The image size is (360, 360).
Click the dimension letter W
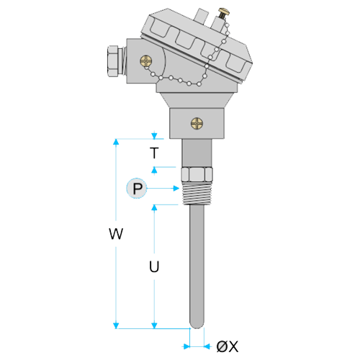116,233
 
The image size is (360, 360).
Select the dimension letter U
154,266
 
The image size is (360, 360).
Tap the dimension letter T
154,153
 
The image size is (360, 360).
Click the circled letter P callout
137,189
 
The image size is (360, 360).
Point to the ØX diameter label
228,346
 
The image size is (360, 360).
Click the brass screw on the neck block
197,124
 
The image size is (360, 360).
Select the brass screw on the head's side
146,61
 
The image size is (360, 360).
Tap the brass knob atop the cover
224,12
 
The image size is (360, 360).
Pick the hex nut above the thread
197,174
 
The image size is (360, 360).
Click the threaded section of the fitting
197,193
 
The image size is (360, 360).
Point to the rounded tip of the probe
197,325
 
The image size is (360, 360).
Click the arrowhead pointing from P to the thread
176,189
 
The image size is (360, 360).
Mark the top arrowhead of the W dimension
116,142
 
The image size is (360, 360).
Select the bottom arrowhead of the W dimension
116,325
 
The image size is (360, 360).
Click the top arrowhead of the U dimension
154,208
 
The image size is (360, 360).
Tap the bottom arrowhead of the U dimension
154,325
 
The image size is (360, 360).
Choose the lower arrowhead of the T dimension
154,170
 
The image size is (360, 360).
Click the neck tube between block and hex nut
197,153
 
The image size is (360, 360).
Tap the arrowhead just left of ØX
186,346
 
